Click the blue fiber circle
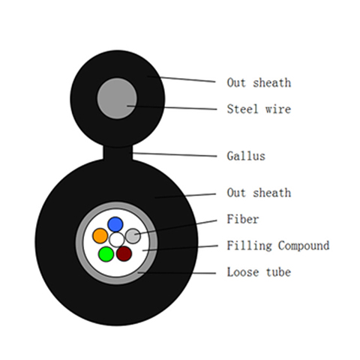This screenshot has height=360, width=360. tap(115, 224)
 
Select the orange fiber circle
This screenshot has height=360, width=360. tap(100, 235)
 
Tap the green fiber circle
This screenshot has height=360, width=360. tap(106, 254)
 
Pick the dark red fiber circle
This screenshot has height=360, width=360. tap(124, 253)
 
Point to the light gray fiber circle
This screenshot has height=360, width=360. tap(133, 235)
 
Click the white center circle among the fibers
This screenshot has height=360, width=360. tap(116, 240)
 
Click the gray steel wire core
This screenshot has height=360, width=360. tap(117, 98)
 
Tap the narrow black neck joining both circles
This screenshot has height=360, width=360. tap(118, 153)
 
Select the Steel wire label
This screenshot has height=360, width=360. tap(259, 109)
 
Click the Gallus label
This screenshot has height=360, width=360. tap(246, 156)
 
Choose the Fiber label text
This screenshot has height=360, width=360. tap(243, 219)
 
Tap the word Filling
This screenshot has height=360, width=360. tap(249, 246)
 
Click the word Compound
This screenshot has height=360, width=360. tap(304, 246)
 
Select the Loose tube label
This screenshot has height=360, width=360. tap(259, 272)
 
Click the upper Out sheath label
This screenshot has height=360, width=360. tap(259, 82)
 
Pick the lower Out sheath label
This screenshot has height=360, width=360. tap(259, 193)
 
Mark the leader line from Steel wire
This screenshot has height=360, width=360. tap(172, 108)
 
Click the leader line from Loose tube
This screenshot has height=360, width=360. tap(177, 273)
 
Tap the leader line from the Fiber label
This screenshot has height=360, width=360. tap(175, 227)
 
